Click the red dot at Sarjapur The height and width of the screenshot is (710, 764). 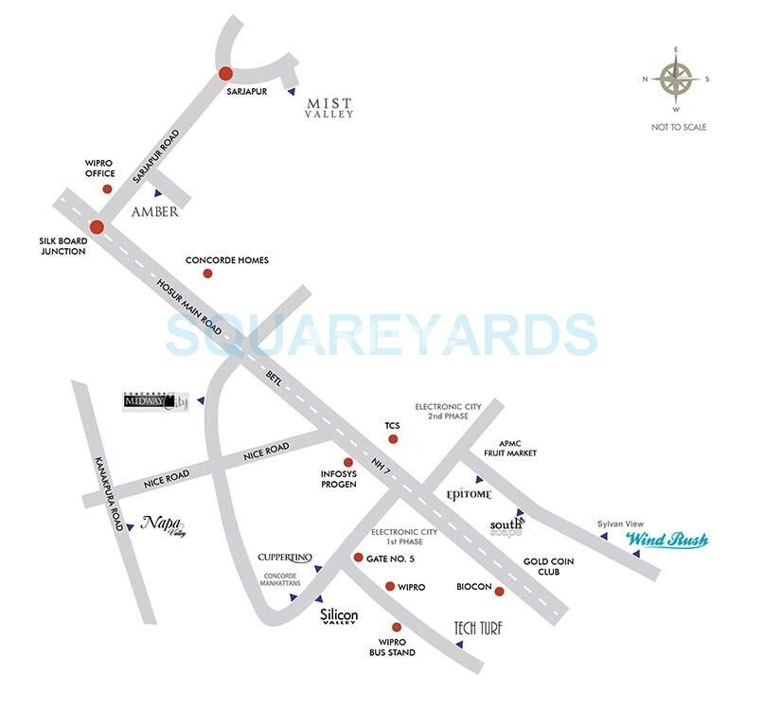point(225,73)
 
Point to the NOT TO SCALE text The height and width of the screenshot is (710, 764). point(678,127)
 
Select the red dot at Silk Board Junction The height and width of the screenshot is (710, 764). point(97,226)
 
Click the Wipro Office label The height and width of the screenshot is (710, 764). point(99,169)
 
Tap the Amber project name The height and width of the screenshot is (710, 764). point(155,212)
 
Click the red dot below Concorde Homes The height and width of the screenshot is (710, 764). point(207,274)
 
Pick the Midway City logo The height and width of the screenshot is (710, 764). point(157,401)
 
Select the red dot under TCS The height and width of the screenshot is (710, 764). point(394,439)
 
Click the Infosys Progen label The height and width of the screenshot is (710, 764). point(338,479)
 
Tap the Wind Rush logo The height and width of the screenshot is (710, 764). point(666,541)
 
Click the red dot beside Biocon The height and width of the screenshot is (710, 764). point(499,592)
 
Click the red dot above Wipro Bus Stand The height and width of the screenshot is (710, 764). point(397,627)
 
